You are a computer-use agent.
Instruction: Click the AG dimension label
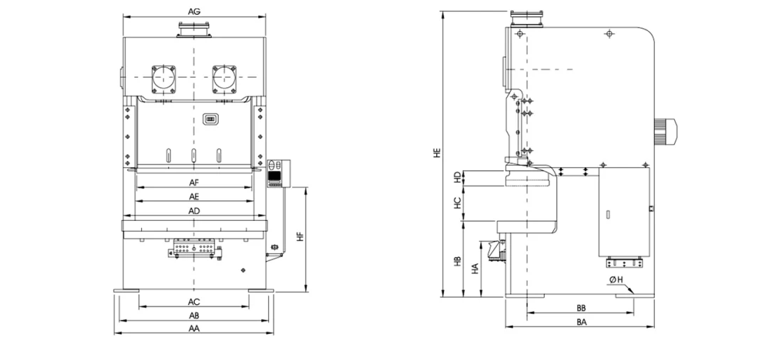[x=194, y=11]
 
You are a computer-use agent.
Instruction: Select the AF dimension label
[x=194, y=183]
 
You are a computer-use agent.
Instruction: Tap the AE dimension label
[x=194, y=197]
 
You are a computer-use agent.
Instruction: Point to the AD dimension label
[x=194, y=210]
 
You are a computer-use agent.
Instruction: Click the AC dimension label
[x=194, y=302]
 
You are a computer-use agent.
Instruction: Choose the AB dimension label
[x=194, y=316]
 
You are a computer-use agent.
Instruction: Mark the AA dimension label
[x=194, y=329]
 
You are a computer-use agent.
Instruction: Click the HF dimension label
[x=300, y=237]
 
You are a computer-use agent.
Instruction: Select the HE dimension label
[x=437, y=153]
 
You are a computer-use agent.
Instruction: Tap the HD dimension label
[x=457, y=177]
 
